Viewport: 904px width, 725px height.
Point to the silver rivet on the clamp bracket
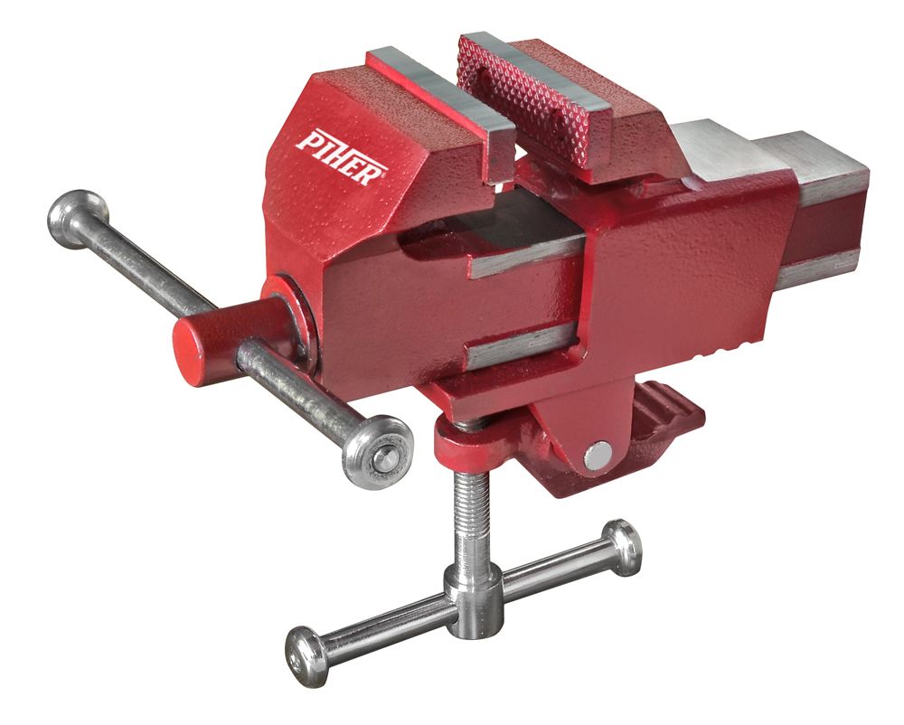596,456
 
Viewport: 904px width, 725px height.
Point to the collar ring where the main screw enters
294,316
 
